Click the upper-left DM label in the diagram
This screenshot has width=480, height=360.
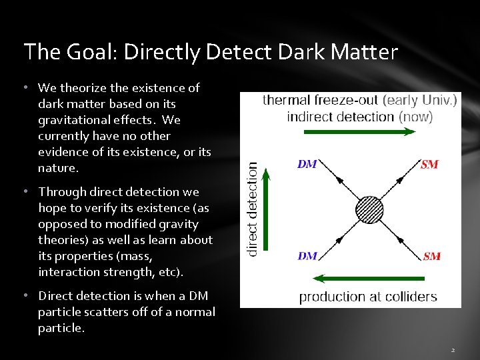[307, 164]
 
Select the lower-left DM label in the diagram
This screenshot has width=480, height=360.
[307, 255]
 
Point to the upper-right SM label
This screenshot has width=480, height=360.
[430, 164]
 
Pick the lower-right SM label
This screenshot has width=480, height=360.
[432, 256]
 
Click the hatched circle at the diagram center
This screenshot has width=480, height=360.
[369, 210]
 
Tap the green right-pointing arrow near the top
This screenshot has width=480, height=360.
[359, 132]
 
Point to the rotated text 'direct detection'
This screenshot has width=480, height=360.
[253, 209]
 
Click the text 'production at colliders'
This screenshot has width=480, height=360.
[368, 297]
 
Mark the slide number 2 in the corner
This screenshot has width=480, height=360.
[453, 349]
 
